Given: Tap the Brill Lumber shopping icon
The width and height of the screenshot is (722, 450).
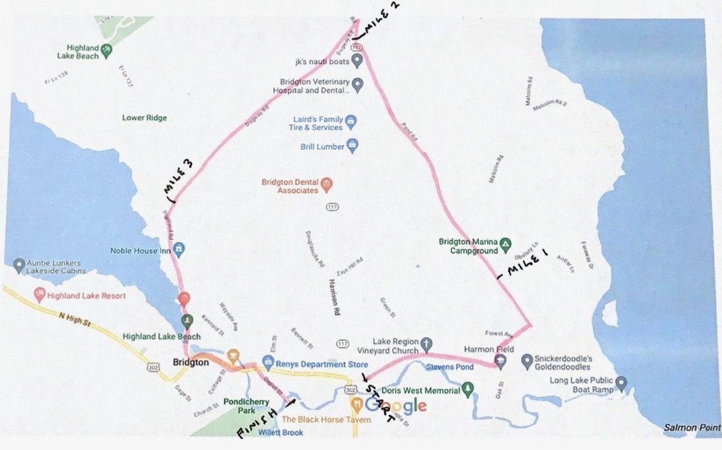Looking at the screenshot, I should coord(352,146).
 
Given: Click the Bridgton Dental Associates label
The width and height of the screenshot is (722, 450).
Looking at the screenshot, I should coord(289,186).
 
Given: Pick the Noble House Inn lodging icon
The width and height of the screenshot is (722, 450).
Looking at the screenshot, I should coord(180,250).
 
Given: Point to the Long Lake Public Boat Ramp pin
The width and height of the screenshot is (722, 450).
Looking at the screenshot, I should coord(621,382).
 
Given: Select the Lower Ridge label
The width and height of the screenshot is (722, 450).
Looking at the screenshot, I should coord(144,118).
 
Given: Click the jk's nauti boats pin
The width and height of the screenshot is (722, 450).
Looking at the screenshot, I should coord(357,62).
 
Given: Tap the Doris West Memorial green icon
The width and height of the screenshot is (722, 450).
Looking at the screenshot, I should coord(468,390).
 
